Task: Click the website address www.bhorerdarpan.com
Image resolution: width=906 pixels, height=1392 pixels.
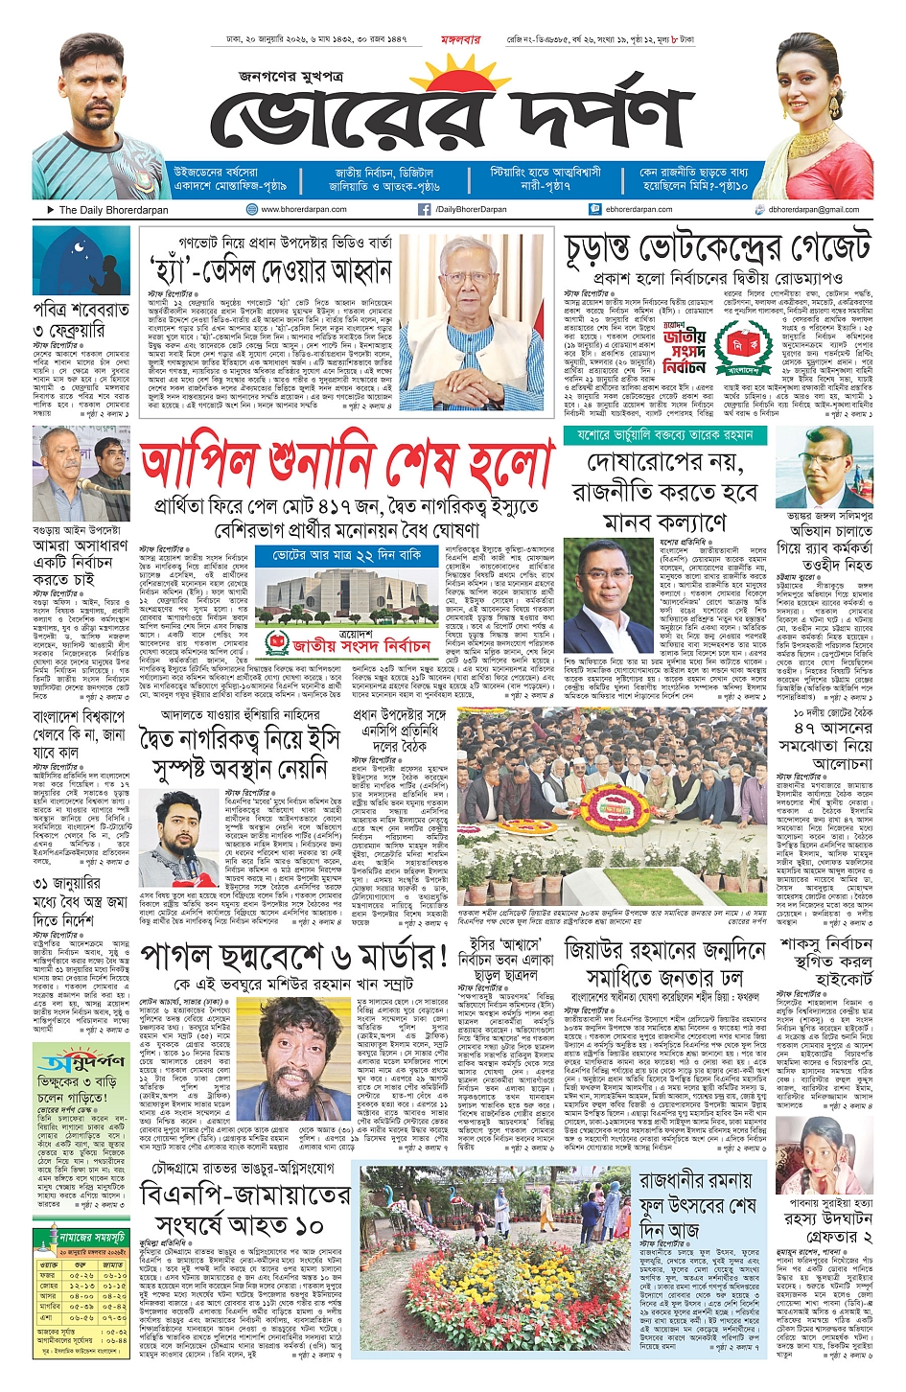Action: pos(303,209)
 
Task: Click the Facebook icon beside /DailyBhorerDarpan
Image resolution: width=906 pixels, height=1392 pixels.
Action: pos(424,209)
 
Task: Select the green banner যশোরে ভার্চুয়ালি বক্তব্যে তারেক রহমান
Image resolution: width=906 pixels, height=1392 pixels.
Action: pos(664,435)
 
